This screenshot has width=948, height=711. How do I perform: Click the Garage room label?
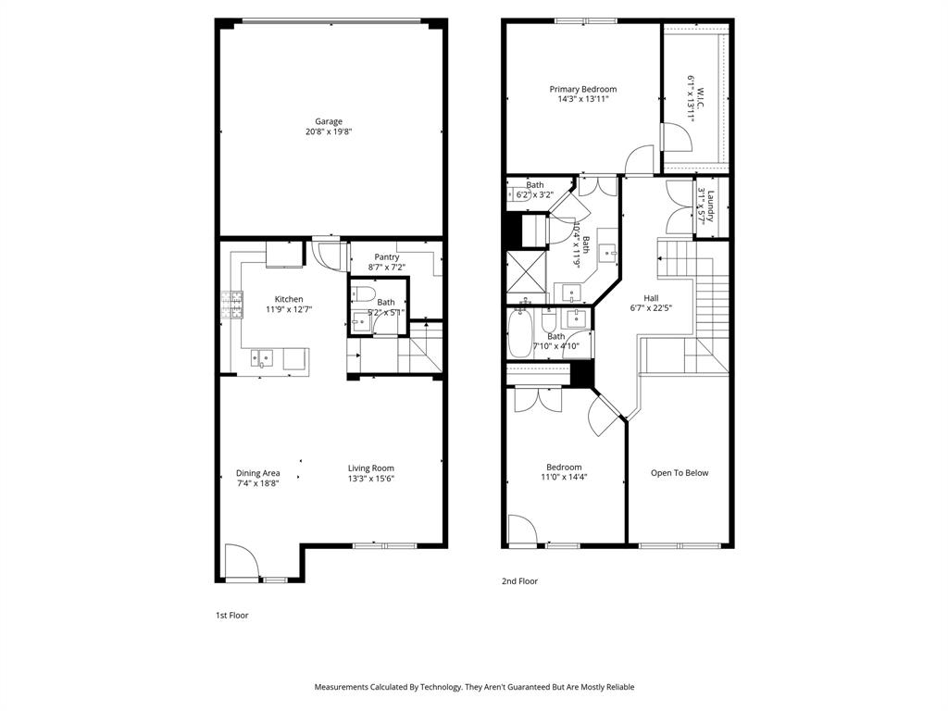click(329, 121)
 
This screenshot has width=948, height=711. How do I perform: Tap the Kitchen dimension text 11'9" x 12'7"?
click(288, 309)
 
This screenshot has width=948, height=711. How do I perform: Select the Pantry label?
click(387, 256)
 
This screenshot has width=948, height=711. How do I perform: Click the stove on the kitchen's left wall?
click(231, 304)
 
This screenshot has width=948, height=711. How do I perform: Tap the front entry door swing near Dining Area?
click(243, 560)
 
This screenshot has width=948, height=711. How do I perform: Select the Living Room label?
click(371, 468)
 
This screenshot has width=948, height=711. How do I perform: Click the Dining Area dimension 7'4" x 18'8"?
click(257, 482)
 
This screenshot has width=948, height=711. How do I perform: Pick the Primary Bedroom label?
click(583, 89)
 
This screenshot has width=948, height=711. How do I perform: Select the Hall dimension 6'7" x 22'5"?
click(651, 308)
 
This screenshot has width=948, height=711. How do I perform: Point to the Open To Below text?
click(680, 473)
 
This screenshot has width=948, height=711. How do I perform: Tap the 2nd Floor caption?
click(519, 581)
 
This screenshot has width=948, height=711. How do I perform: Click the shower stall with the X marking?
click(525, 274)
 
